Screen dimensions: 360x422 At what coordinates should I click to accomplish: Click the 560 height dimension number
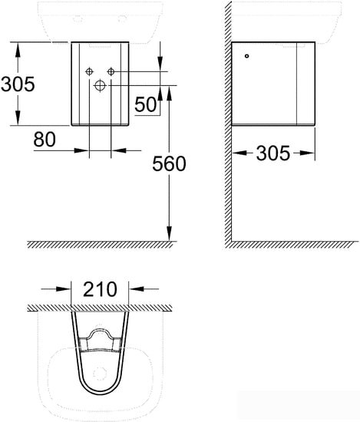click(x=169, y=163)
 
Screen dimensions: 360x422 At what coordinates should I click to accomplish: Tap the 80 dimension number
click(x=45, y=139)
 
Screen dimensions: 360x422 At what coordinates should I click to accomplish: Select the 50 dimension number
click(x=145, y=104)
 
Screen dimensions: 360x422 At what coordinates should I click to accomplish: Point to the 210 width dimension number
click(x=100, y=289)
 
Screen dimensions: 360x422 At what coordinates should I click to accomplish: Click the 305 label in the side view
click(x=273, y=153)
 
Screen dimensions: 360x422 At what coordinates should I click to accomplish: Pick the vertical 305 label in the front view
click(x=18, y=84)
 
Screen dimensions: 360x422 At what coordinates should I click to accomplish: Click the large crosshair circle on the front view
click(x=100, y=86)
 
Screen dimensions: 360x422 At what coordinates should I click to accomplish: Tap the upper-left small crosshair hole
click(x=89, y=71)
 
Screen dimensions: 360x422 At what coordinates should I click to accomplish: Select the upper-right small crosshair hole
click(x=111, y=71)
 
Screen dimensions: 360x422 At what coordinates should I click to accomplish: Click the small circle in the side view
click(x=246, y=56)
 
